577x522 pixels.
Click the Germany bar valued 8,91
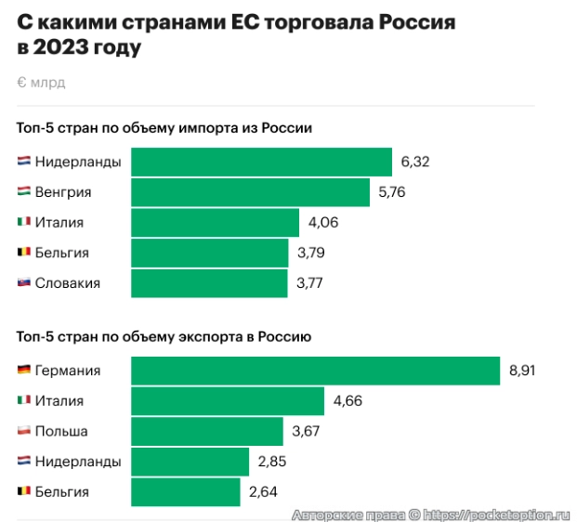coord(316,371)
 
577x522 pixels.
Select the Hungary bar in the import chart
coord(250,192)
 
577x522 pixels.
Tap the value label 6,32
coord(415,162)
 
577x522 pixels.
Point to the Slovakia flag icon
coord(24,283)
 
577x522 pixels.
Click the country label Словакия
coord(67,283)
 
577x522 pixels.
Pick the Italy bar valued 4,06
coord(215,223)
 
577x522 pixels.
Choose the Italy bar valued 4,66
coord(228,401)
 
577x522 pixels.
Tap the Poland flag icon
coord(24,431)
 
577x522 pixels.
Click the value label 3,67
coord(306,431)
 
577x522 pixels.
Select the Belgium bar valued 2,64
coord(186,491)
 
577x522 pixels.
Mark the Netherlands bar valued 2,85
coord(190,462)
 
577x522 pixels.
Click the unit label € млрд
coord(41,83)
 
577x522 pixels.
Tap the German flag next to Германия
coord(24,371)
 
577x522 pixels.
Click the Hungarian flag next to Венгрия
coord(24,192)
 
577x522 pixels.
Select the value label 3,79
coord(311,253)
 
